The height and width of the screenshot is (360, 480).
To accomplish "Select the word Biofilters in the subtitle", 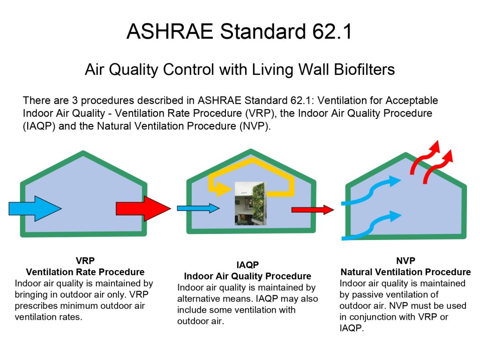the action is (x=364, y=69).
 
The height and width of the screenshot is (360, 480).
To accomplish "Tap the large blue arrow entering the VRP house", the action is (x=35, y=209).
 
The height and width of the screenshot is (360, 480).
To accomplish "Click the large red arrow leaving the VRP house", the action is (x=143, y=209).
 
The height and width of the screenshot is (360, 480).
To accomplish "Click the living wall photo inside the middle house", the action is (x=250, y=203).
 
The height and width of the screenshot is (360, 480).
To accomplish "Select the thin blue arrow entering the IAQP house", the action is (x=198, y=208).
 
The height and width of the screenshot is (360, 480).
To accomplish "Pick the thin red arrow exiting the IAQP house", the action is (x=313, y=210).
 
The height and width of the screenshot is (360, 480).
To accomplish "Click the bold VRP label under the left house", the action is (x=85, y=261).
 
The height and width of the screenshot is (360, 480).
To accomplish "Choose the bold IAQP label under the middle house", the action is (x=247, y=265).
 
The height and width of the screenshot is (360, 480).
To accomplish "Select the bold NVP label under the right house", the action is (x=405, y=261).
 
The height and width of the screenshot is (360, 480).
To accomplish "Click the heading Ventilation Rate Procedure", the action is (x=85, y=272).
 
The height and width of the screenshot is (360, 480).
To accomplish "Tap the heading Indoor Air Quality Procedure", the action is (x=247, y=276).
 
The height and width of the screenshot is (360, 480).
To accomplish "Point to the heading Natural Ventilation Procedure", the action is (x=405, y=272).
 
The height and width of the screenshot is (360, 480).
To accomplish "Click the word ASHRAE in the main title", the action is (x=170, y=31).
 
